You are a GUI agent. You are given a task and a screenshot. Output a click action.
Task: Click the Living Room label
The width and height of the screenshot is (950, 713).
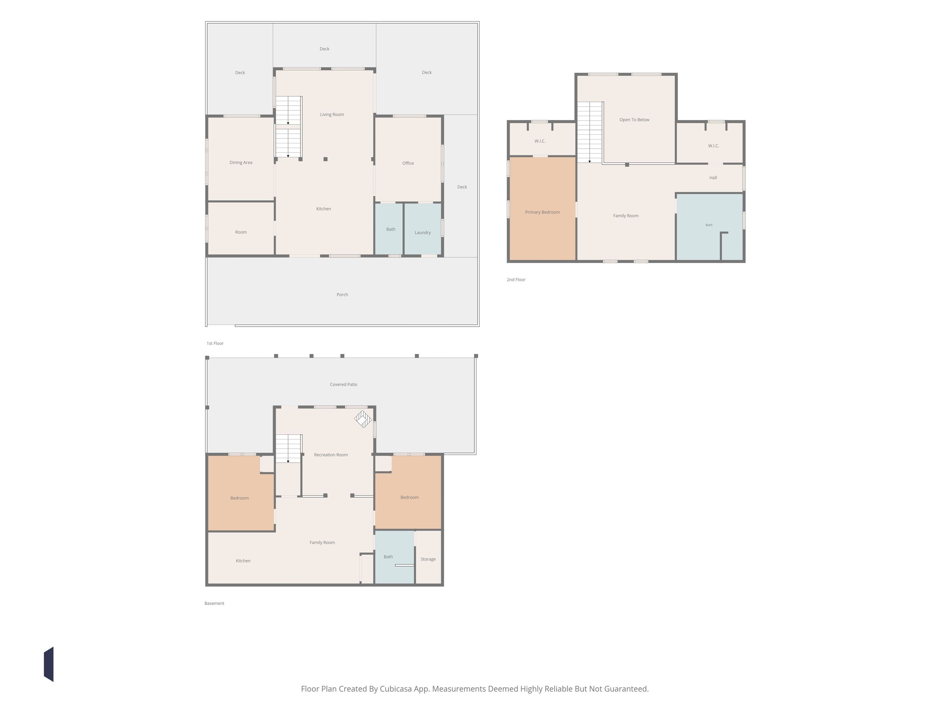332,115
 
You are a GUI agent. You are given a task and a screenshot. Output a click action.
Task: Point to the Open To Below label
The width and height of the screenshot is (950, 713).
634,120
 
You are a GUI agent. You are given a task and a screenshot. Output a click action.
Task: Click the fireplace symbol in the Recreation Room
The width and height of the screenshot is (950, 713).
363,419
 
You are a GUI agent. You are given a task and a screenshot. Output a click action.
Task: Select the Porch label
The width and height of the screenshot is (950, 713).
342,295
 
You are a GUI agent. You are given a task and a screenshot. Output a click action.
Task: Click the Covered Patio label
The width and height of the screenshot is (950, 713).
344,385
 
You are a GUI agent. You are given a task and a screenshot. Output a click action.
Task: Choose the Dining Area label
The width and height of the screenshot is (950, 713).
241,162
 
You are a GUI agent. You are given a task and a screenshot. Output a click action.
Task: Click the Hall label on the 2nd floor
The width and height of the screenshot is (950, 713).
713,178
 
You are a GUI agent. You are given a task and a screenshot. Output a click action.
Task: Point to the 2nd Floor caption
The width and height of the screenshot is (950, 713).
516,280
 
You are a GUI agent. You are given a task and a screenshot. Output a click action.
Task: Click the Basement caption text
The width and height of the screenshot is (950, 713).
214,603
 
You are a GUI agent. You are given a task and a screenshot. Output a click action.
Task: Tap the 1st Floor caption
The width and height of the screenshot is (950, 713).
215,343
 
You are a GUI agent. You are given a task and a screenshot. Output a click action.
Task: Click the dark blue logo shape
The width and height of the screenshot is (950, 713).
49,664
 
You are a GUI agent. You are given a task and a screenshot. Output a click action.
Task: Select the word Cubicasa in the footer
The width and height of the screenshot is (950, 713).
396,689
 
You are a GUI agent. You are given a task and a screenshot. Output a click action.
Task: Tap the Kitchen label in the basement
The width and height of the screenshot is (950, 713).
243,561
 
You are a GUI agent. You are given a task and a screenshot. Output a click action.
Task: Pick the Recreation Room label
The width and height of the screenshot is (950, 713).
331,455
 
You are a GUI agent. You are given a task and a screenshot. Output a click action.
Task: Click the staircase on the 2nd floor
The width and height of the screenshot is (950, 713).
590,132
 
